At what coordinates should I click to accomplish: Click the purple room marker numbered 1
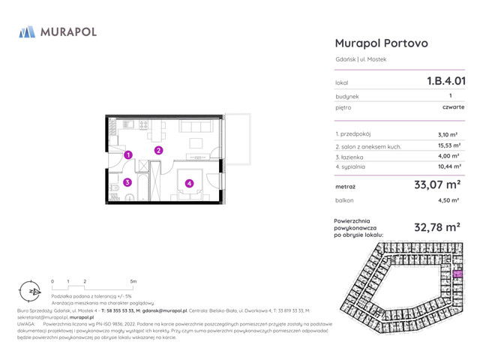(x=128, y=155)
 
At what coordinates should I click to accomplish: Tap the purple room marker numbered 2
(x=159, y=150)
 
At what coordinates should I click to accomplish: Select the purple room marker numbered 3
(x=128, y=181)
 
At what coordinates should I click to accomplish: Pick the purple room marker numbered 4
(x=190, y=182)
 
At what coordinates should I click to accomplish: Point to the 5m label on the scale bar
(x=133, y=281)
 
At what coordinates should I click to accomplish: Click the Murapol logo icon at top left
(x=27, y=31)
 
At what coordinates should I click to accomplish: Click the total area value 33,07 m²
(x=437, y=184)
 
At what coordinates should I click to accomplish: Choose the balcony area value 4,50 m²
(x=449, y=201)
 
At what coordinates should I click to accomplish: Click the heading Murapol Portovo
(x=381, y=43)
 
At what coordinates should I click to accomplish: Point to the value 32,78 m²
(x=437, y=226)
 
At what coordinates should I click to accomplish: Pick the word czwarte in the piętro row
(x=453, y=107)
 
